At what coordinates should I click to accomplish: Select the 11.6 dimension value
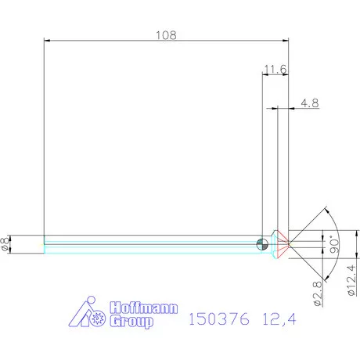pos(275,70)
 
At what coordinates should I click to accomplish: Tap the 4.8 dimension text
pos(309,102)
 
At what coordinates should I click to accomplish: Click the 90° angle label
pos(333,244)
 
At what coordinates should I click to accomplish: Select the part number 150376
pos(218,319)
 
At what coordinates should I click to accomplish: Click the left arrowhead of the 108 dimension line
pos(47,41)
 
